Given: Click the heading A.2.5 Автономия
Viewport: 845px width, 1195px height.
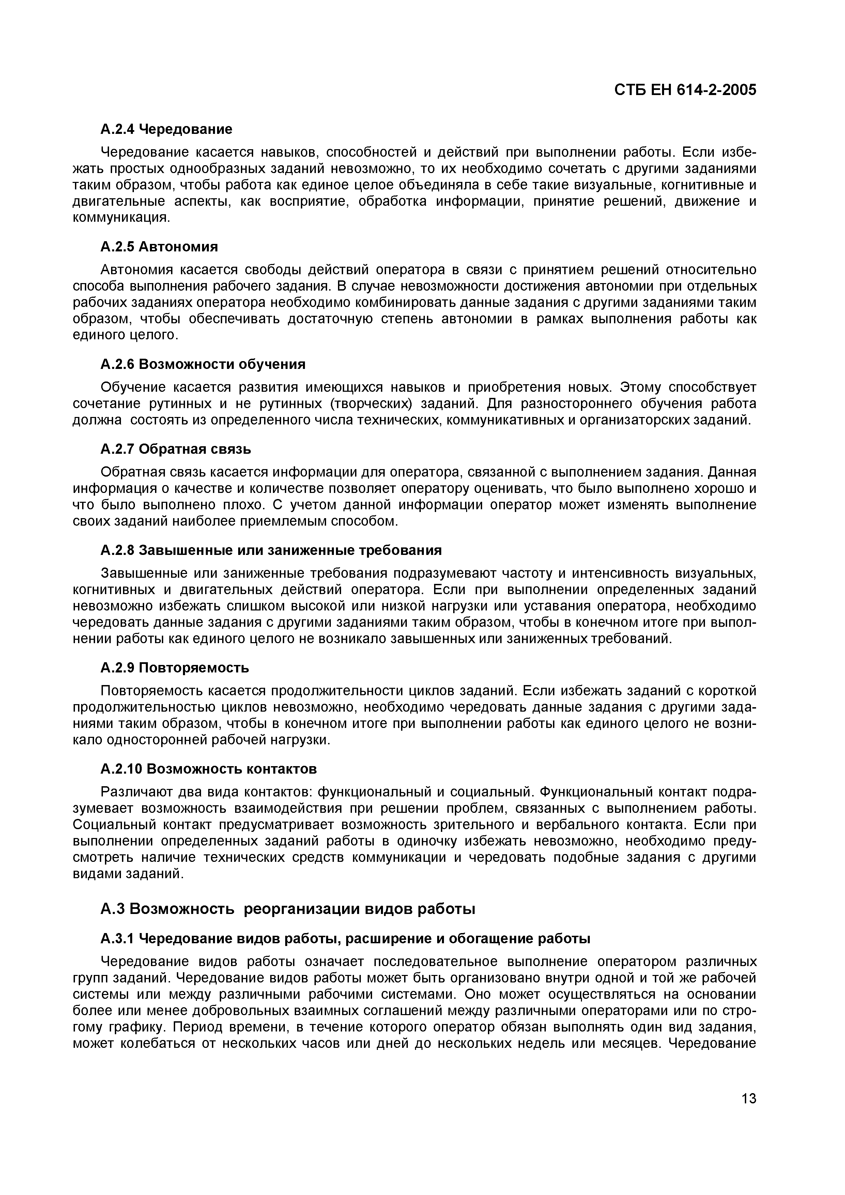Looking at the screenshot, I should (x=159, y=246).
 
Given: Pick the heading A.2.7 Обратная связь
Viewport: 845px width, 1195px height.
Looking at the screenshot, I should (x=175, y=449).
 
